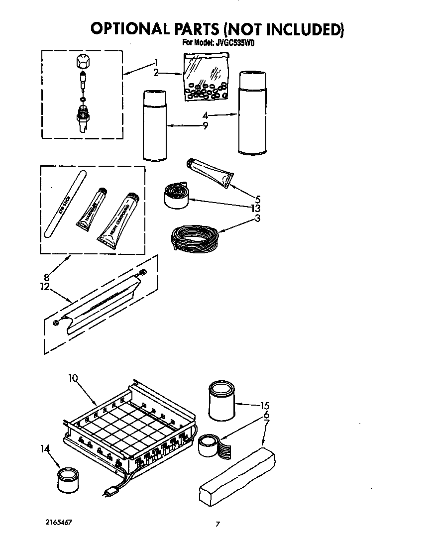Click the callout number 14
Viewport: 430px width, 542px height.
coord(45,448)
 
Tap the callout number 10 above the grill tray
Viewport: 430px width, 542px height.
coord(73,378)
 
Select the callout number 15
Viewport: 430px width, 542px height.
coord(265,406)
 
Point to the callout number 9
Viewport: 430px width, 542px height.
coord(205,126)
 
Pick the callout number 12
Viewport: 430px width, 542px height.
coord(46,287)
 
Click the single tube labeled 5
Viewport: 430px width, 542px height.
coord(210,173)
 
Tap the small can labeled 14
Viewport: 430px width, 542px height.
coord(66,479)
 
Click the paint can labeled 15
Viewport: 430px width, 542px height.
coord(221,400)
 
